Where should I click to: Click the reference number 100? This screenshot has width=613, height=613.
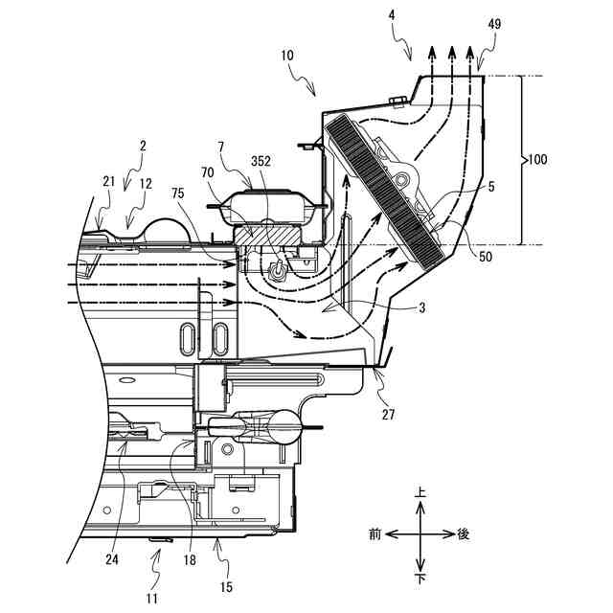pyautogui.click(x=537, y=160)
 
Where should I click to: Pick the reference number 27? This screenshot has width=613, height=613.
pyautogui.click(x=389, y=416)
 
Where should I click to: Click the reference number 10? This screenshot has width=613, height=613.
pyautogui.click(x=288, y=57)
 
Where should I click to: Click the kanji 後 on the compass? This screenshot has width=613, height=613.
pyautogui.click(x=464, y=533)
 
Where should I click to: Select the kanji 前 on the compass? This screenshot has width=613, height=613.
pyautogui.click(x=376, y=533)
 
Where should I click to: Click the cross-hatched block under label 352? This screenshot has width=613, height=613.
pyautogui.click(x=276, y=232)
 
